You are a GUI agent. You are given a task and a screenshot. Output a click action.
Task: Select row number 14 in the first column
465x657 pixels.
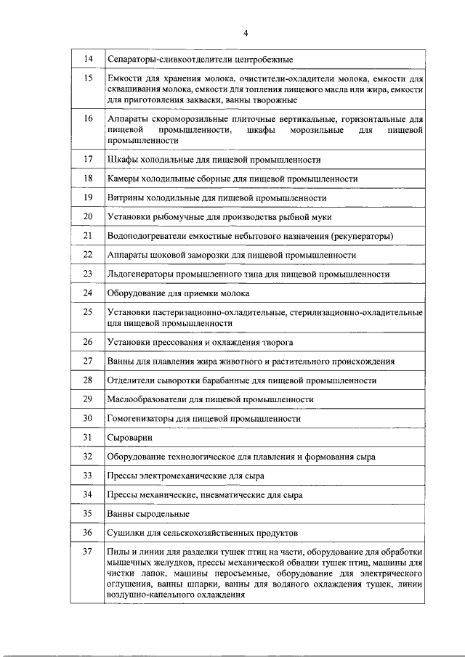[88, 59]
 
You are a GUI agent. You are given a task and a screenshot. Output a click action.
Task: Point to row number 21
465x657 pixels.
[88, 236]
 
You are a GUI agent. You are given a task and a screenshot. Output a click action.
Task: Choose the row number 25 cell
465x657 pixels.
[88, 312]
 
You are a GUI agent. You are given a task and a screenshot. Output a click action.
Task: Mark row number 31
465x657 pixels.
[88, 438]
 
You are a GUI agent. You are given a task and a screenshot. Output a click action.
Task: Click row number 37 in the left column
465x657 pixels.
[88, 552]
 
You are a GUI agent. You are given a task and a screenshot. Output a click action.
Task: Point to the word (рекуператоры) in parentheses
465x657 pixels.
[363, 236]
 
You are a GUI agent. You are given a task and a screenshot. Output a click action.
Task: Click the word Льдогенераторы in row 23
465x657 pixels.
[140, 274]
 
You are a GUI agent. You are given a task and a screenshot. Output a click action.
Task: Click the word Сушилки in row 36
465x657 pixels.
[125, 533]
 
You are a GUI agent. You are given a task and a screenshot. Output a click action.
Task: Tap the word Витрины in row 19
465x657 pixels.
[125, 197]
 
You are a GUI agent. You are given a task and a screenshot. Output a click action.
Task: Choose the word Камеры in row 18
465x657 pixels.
[123, 179]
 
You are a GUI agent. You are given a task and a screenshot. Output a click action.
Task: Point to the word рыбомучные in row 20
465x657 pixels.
[176, 217]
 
